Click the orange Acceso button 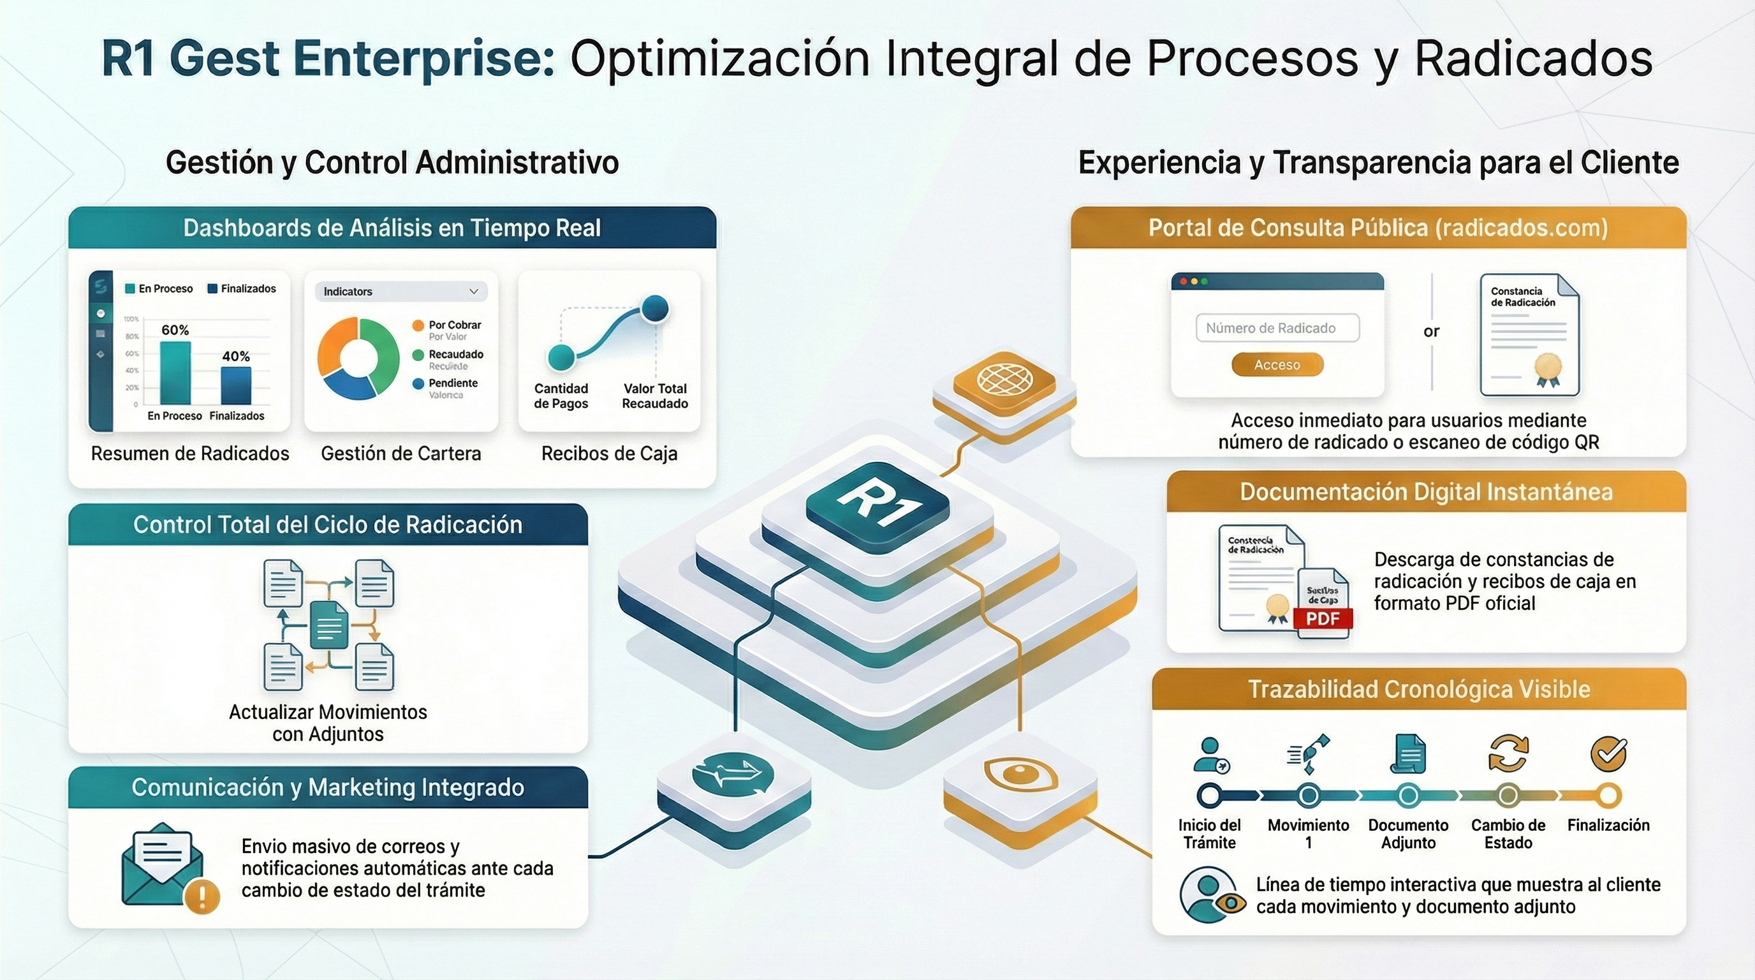point(1277,364)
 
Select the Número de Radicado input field point(1277,328)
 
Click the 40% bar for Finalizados point(236,385)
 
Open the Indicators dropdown point(400,292)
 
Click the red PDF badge point(1323,619)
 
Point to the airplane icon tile point(733,773)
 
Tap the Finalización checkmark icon point(1608,754)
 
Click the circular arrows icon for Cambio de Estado point(1508,753)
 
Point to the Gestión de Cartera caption point(400,454)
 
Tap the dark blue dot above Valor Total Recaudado point(655,308)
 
